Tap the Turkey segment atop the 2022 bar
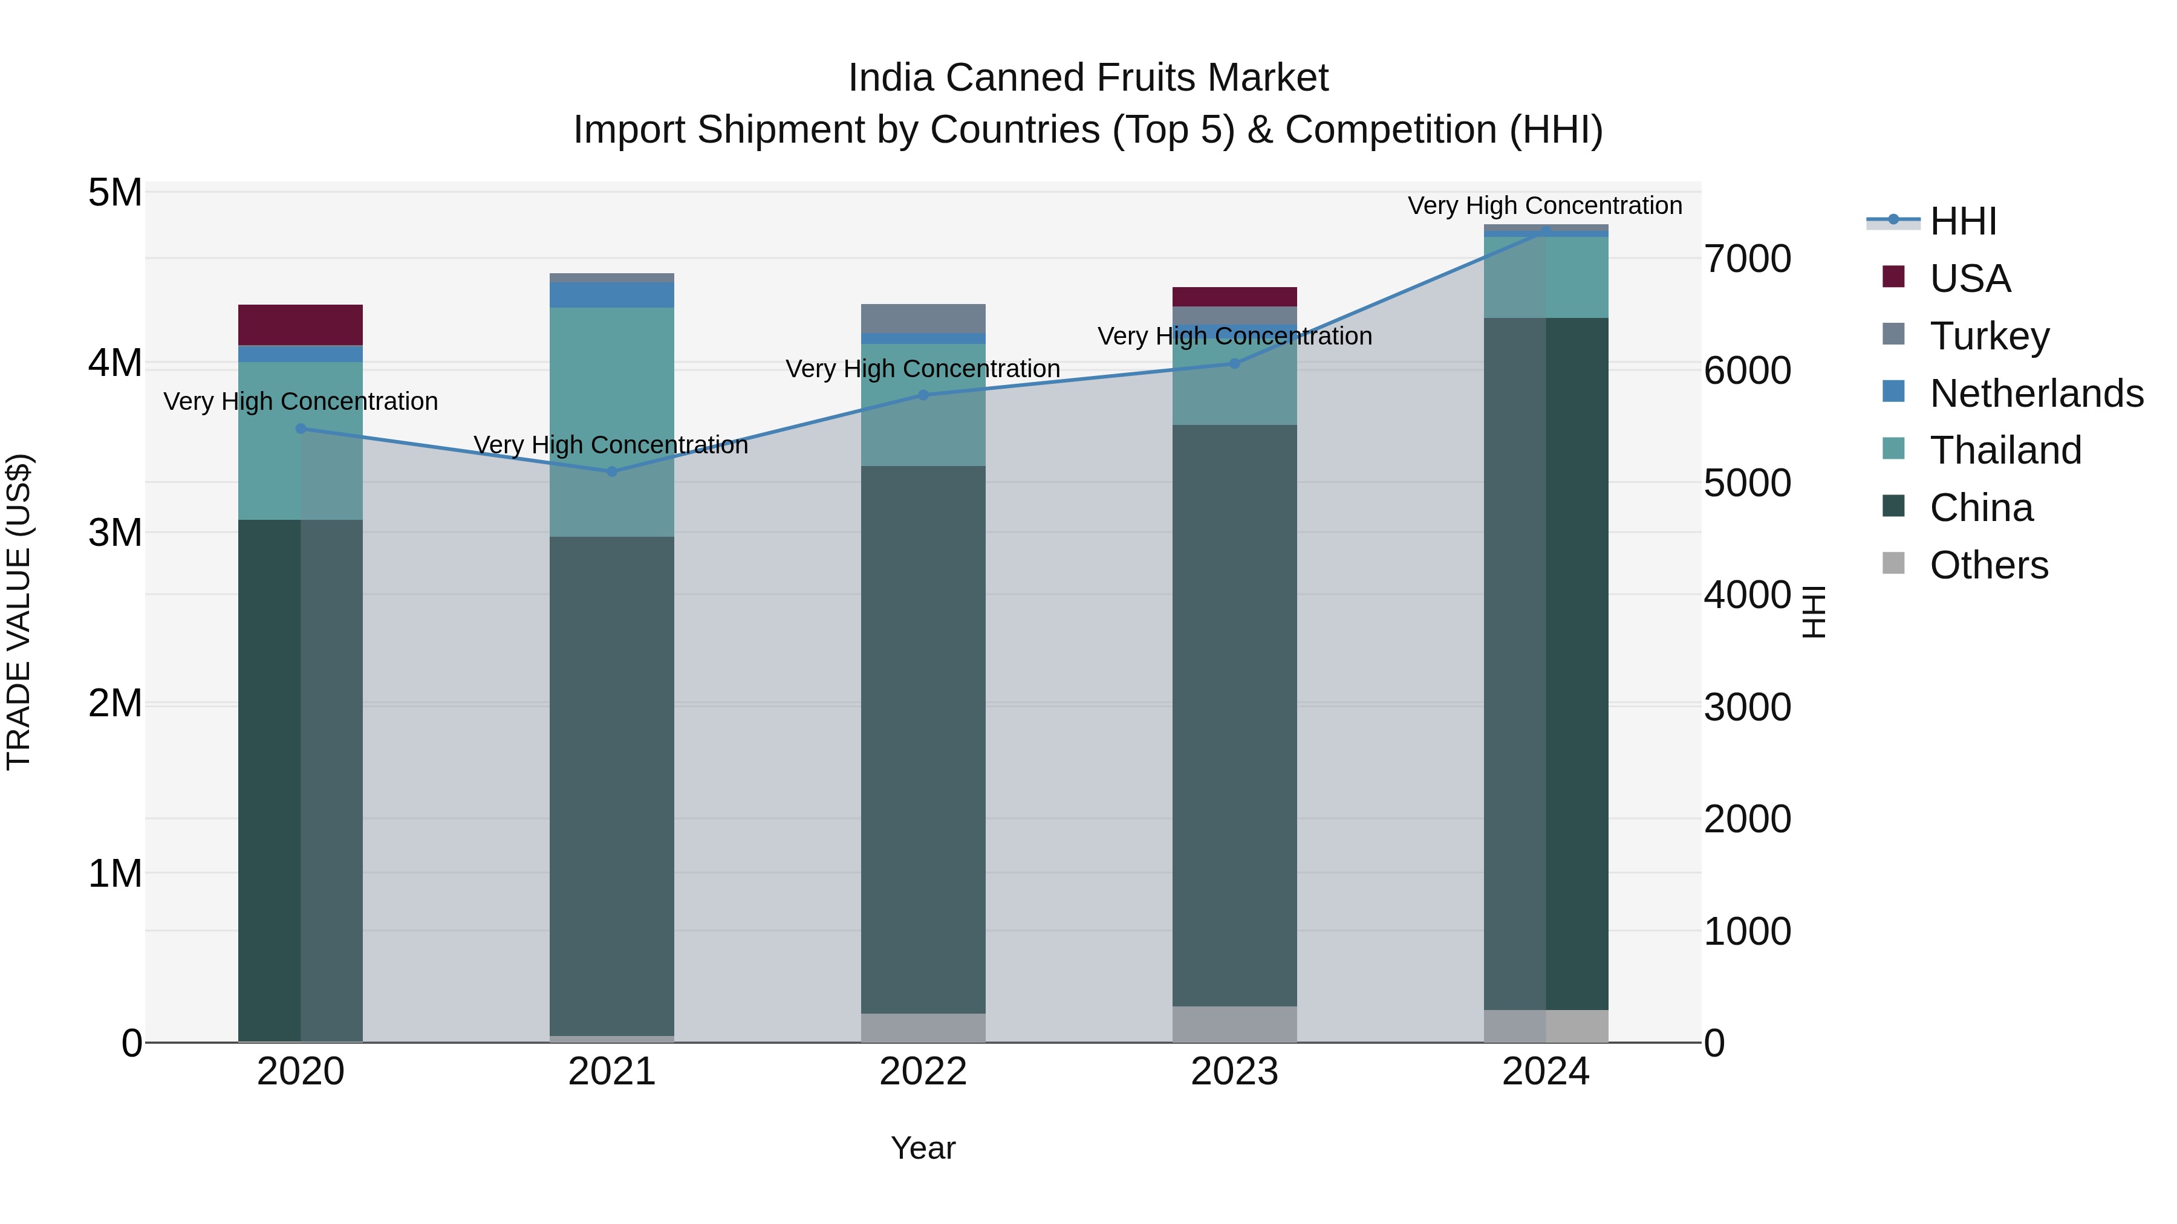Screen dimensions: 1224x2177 [x=923, y=319]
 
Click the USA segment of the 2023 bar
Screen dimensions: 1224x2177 [x=1234, y=297]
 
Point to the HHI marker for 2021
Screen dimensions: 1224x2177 [x=612, y=471]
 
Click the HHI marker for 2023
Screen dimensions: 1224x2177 [x=1234, y=363]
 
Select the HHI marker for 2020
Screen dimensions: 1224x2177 [x=301, y=429]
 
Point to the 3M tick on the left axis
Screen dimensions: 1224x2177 [x=115, y=533]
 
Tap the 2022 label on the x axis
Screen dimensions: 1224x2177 [x=923, y=1072]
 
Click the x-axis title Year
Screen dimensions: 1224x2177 [x=923, y=1148]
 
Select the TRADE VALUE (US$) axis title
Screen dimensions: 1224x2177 [x=19, y=612]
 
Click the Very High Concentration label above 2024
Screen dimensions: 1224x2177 [x=1545, y=206]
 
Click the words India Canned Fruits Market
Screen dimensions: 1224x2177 [x=1088, y=78]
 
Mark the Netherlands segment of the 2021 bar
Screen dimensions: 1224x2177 [x=612, y=295]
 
